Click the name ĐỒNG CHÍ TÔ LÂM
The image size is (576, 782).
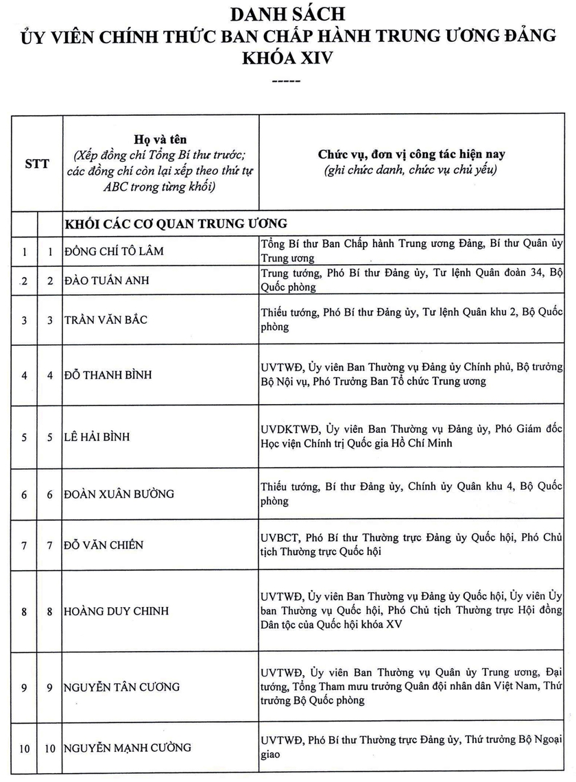(114, 251)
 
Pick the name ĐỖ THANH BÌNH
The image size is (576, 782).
(108, 375)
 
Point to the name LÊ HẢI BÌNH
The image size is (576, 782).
(97, 437)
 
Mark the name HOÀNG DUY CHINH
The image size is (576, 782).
(116, 611)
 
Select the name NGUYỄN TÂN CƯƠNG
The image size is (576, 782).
(121, 687)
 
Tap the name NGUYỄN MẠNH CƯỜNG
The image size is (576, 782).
(128, 748)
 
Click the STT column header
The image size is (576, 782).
(37, 165)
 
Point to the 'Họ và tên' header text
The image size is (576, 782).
(160, 139)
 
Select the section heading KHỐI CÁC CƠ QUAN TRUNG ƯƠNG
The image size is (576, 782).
(176, 224)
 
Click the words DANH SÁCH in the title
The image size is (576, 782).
(287, 13)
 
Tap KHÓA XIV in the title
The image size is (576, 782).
(287, 58)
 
